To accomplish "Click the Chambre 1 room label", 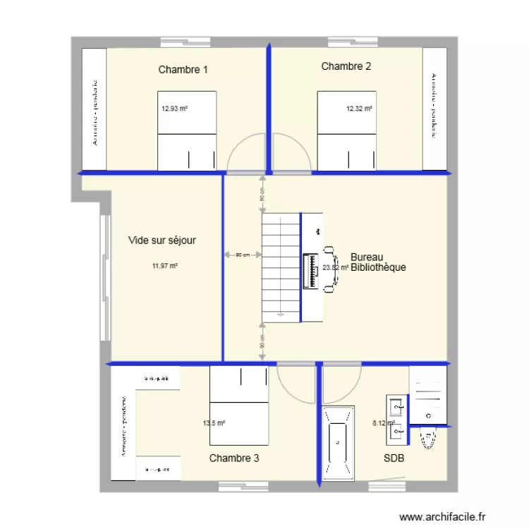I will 183,69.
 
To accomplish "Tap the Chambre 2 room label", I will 346,66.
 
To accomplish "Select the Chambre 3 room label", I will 234,458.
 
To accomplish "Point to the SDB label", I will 394,458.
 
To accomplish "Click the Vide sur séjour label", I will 162,241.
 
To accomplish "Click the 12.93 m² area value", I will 174,109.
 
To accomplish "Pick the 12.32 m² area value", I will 359,109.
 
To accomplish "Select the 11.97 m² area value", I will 164,266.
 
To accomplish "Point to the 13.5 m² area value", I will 214,423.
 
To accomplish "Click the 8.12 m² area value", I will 384,423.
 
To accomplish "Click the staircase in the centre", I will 281,267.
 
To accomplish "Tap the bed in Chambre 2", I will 346,130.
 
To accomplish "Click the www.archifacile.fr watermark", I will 443,517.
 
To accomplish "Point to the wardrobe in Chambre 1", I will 94,109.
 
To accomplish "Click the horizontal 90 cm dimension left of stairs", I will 242,255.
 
